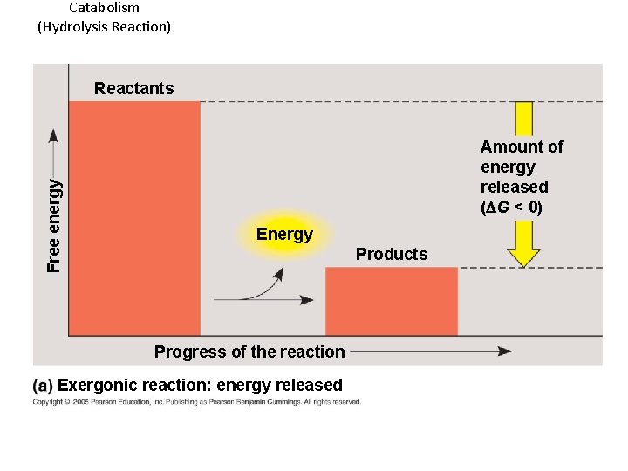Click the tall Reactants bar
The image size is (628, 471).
point(134,218)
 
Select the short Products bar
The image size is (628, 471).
point(392,301)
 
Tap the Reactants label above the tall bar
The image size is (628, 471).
point(134,88)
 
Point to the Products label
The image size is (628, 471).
point(392,254)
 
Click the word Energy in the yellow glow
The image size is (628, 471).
point(284,234)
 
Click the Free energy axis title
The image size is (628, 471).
point(54,225)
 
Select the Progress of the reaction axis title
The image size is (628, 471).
point(249,352)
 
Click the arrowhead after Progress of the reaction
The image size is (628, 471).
point(504,352)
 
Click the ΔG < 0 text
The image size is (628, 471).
point(512,208)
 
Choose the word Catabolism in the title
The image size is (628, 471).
point(104,8)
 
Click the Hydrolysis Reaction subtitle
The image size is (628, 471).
point(104,26)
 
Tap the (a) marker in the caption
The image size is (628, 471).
point(43,385)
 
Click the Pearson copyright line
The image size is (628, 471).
point(197,402)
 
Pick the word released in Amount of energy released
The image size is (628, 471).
point(515,187)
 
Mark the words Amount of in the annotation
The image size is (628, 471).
point(522,147)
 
